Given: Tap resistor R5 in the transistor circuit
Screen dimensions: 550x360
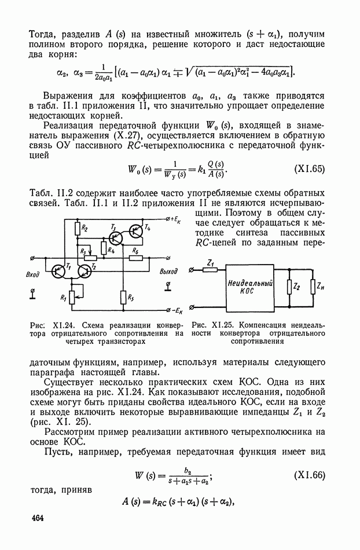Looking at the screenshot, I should pos(123,298).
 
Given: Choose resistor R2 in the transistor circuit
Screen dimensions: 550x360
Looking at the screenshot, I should pos(76,233).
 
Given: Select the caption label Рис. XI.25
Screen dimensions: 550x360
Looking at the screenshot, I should pos(211,325).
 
